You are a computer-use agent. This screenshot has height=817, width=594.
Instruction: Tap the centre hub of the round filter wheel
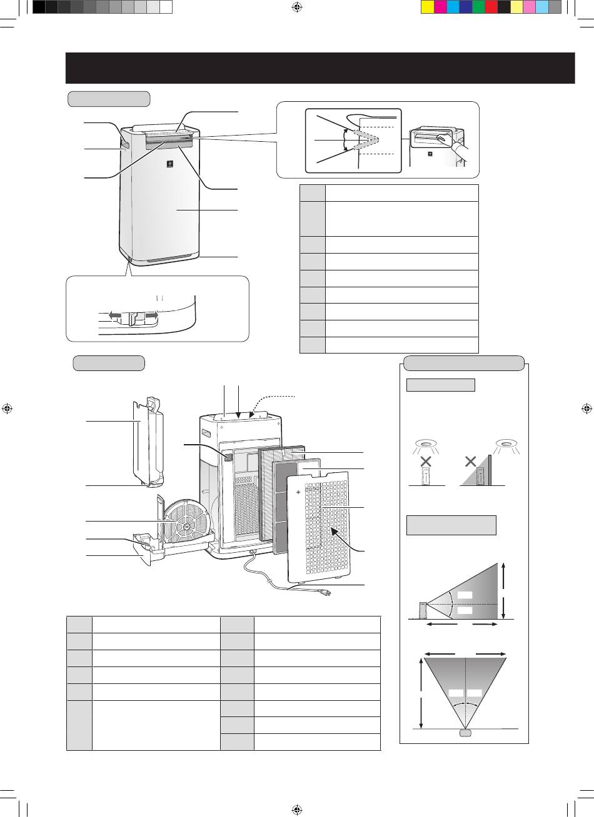tap(186, 526)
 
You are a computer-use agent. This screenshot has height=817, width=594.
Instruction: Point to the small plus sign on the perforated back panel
tap(298, 493)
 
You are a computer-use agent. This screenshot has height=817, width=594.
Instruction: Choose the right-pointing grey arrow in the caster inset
tap(152, 315)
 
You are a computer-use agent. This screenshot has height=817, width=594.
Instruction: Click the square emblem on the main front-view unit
tap(168, 165)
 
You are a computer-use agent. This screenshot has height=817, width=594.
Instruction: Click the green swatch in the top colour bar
tap(478, 7)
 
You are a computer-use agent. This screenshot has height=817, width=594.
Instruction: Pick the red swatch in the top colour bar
tap(491, 7)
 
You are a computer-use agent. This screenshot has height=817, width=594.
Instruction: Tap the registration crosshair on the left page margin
tap(8, 409)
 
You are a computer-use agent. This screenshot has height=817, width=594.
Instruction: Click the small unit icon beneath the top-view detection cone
tap(464, 733)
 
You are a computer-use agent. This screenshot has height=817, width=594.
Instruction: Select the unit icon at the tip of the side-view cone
tap(423, 610)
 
